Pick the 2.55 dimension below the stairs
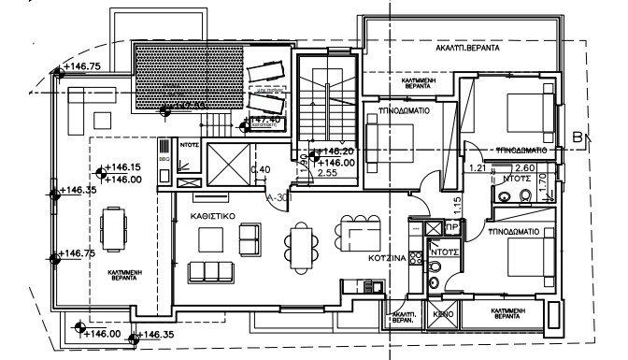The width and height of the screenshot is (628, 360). click(x=327, y=172)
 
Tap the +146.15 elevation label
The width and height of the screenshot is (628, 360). click(x=122, y=168)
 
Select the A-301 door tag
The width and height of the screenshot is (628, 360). click(x=277, y=197)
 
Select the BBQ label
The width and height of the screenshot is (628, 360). click(x=165, y=160)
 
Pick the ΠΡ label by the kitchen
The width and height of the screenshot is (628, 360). click(x=451, y=227)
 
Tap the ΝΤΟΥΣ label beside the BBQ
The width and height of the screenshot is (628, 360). click(x=192, y=145)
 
